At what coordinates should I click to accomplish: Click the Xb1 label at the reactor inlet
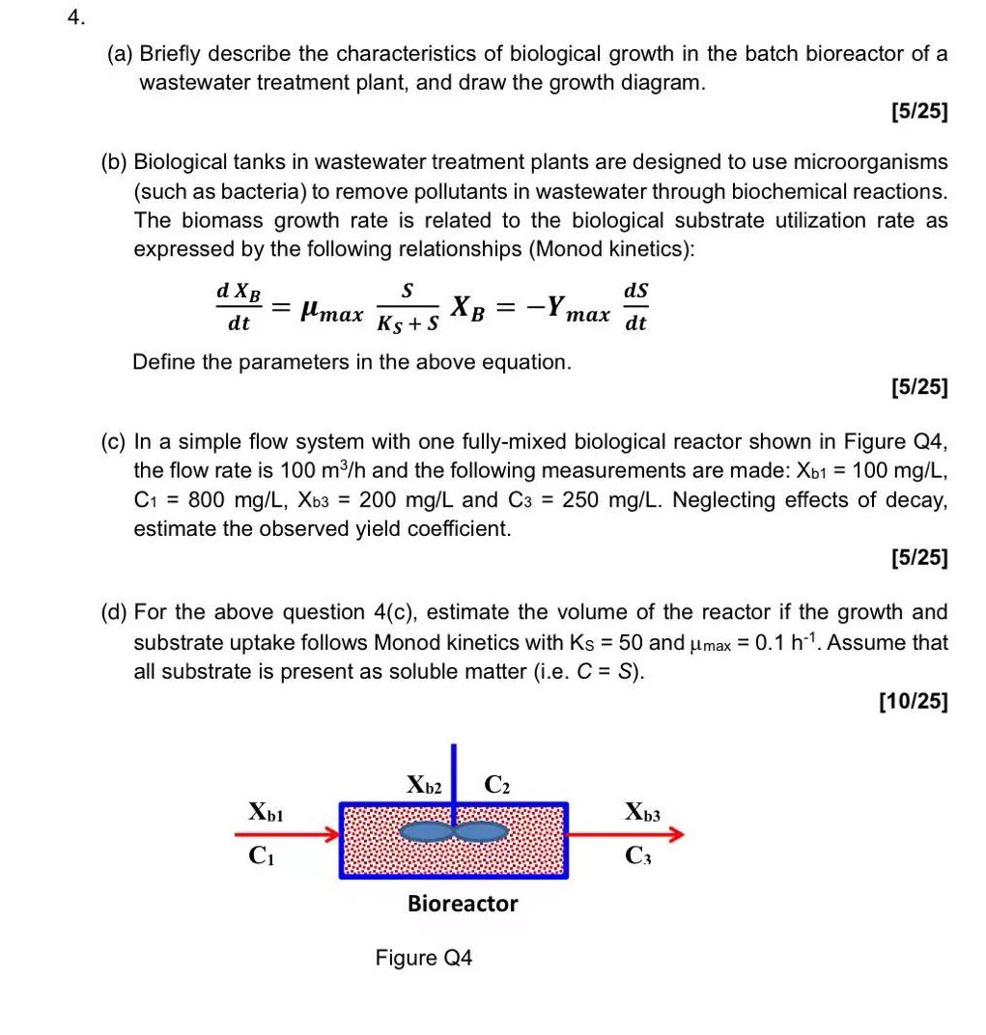(265, 812)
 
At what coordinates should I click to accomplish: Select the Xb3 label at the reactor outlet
(642, 811)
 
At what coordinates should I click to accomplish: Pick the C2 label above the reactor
(496, 785)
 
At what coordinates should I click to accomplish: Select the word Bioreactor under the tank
(463, 904)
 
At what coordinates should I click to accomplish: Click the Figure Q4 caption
(424, 958)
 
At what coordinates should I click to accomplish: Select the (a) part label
(120, 54)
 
